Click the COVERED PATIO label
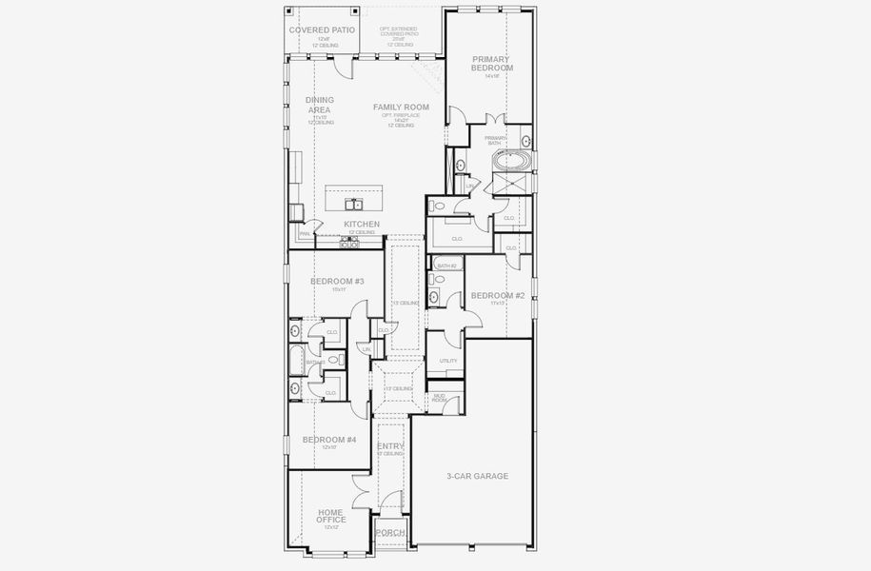point(322,30)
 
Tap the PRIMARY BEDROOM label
point(492,64)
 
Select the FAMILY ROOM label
point(401,108)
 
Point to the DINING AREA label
point(320,105)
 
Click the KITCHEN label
point(362,225)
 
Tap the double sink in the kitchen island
point(354,204)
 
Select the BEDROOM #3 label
point(338,282)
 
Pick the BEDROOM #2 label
point(497,296)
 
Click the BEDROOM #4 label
point(329,440)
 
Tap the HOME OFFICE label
point(330,516)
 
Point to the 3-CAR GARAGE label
point(477,476)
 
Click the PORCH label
point(390,533)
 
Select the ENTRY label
point(390,446)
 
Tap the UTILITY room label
point(448,362)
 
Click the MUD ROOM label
point(440,397)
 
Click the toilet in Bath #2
point(434,280)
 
